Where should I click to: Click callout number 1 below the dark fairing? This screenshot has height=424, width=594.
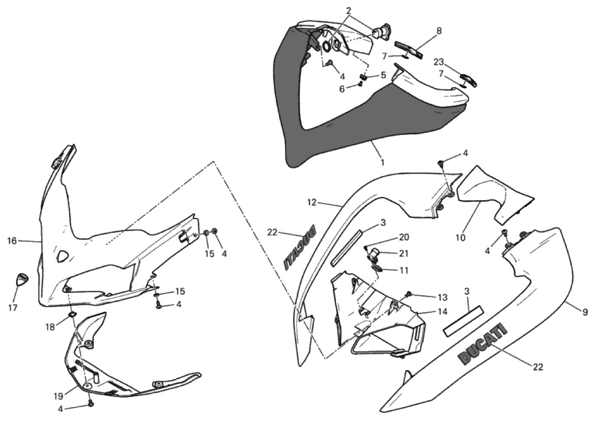pos(382,162)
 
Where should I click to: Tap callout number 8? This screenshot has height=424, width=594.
pos(439,31)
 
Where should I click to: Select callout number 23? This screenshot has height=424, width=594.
pos(439,62)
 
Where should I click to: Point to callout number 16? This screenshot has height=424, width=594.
pos(12,241)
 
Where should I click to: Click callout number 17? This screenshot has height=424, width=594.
pos(13,308)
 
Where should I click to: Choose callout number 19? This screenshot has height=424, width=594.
pos(58,396)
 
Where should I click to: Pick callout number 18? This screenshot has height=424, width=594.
pos(50,327)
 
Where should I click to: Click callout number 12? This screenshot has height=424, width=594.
pos(312,202)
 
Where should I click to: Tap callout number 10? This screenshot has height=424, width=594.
pos(461,238)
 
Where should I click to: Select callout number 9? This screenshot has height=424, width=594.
pos(585,313)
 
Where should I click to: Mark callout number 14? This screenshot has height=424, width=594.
pos(442,311)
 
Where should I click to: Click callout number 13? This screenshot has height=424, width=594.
pos(442,298)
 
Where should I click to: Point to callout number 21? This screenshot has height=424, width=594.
pos(404,254)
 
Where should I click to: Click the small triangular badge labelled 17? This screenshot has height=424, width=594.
pos(22,279)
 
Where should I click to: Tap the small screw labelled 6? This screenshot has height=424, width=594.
pos(360,84)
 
